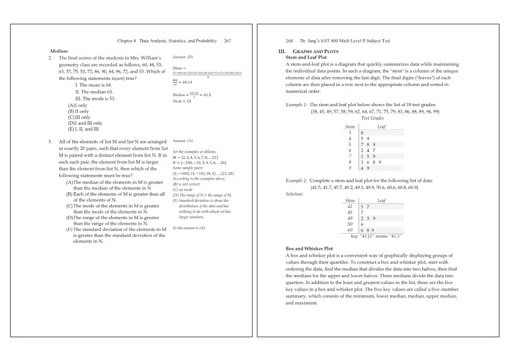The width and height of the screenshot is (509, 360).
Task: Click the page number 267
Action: [227, 41]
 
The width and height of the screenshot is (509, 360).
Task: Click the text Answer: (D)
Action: [183, 57]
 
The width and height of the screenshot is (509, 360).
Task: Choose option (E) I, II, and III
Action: [83, 129]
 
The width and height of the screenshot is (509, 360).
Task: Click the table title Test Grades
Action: [373, 119]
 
